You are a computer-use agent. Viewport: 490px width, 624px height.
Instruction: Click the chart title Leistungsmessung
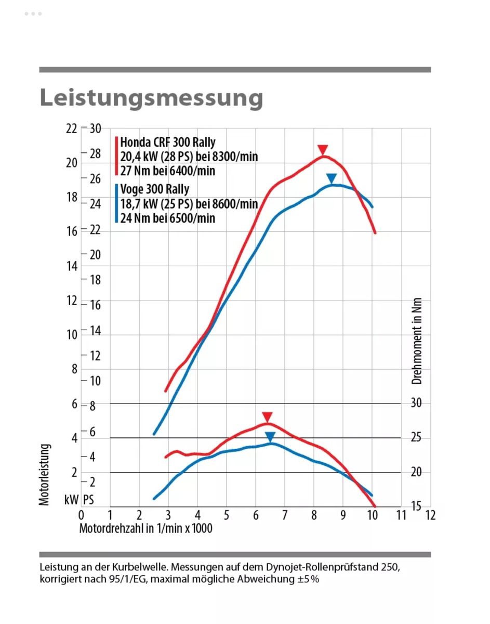[x=151, y=97]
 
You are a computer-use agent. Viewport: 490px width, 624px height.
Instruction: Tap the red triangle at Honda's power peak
[x=323, y=150]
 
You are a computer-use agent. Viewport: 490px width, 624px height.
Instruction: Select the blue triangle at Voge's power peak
[x=332, y=178]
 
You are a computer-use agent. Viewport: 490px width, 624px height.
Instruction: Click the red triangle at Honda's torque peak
[x=267, y=417]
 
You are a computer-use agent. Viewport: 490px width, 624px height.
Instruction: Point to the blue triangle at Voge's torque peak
[x=270, y=437]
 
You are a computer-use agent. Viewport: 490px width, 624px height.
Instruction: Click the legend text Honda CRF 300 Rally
[x=167, y=142]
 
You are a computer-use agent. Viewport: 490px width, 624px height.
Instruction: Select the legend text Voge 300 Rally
[x=154, y=189]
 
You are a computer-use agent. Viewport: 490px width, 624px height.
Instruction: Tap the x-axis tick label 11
[x=401, y=515]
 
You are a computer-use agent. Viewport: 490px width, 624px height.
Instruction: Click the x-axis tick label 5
[x=227, y=515]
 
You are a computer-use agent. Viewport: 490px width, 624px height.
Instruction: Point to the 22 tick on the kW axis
[x=71, y=128]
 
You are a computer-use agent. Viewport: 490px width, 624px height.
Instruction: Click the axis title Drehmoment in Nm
[x=417, y=341]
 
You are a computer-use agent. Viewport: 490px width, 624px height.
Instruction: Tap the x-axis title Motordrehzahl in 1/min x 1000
[x=145, y=528]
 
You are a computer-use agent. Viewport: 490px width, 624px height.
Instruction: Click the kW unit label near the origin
[x=71, y=500]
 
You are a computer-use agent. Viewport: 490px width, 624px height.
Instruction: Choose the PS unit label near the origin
[x=88, y=500]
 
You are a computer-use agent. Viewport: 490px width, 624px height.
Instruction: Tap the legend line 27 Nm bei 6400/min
[x=167, y=171]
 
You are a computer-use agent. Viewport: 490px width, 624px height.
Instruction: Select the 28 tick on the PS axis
[x=95, y=153]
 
